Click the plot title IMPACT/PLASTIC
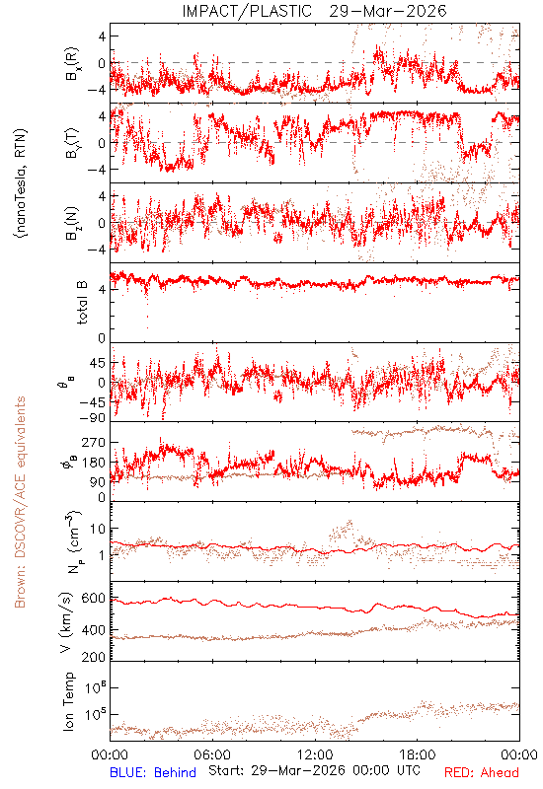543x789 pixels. coord(247,11)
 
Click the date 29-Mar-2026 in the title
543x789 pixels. coord(388,11)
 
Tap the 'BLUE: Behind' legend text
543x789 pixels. coord(153,772)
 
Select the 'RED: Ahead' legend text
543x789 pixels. coord(482,772)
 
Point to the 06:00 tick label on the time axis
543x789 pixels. coord(212,754)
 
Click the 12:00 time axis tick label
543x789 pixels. coord(315,754)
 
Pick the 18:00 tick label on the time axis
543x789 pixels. coord(418,754)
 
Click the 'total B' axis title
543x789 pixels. coord(82,303)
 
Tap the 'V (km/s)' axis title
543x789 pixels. coord(66,622)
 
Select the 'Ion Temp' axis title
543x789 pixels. coord(68,701)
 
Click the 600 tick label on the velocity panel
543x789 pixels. coord(94,599)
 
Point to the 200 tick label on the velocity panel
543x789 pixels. coord(94,657)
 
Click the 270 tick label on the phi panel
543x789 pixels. coord(94,443)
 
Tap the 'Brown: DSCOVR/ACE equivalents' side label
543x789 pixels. coord(20,502)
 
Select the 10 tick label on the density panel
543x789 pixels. coord(98,530)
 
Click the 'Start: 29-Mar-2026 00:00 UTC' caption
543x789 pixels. coord(314,771)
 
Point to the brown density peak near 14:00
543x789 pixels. coord(349,522)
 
